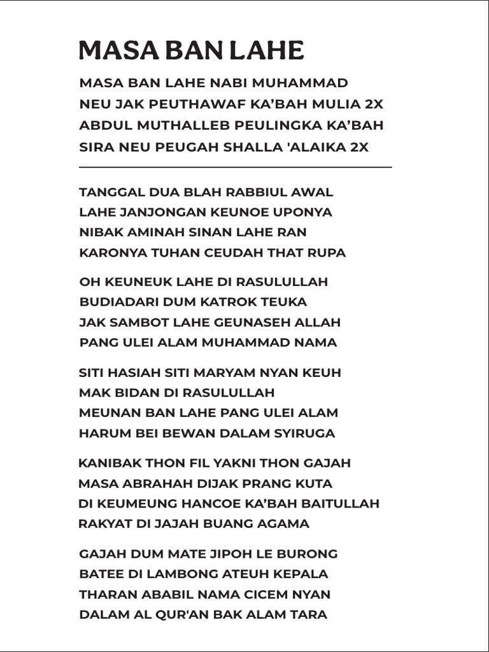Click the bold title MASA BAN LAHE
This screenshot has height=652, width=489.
click(x=191, y=50)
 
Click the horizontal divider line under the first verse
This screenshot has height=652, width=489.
click(x=235, y=167)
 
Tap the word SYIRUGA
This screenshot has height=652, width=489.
click(x=304, y=434)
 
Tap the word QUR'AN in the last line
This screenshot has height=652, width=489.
click(x=199, y=615)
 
